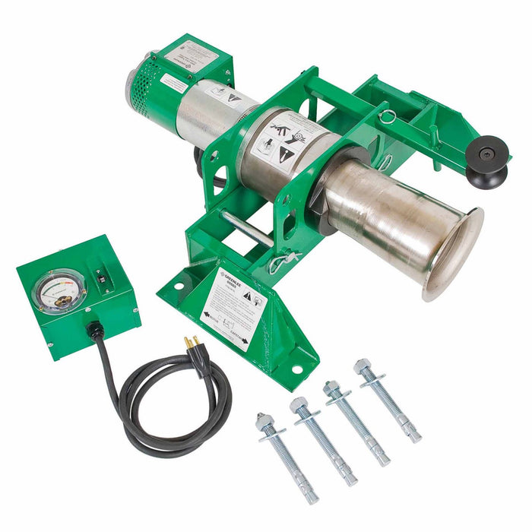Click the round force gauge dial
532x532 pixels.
pyautogui.click(x=59, y=292)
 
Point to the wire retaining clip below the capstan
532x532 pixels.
pyautogui.click(x=281, y=262)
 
